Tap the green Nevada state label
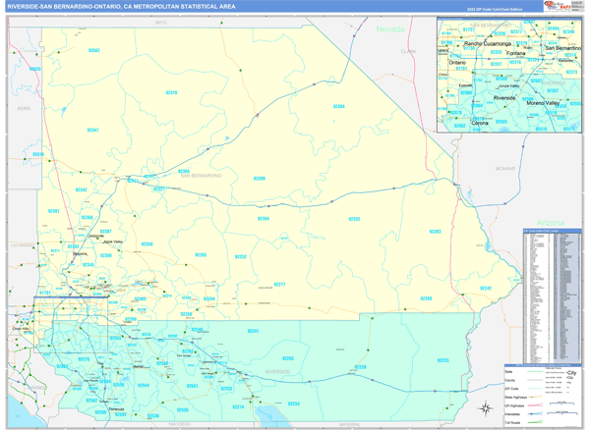pos(390,29)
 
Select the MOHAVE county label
pos(505,169)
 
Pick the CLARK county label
pos(408,50)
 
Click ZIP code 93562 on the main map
pos(93,49)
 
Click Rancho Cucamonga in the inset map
pos(484,44)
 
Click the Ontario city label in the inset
pos(458,63)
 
